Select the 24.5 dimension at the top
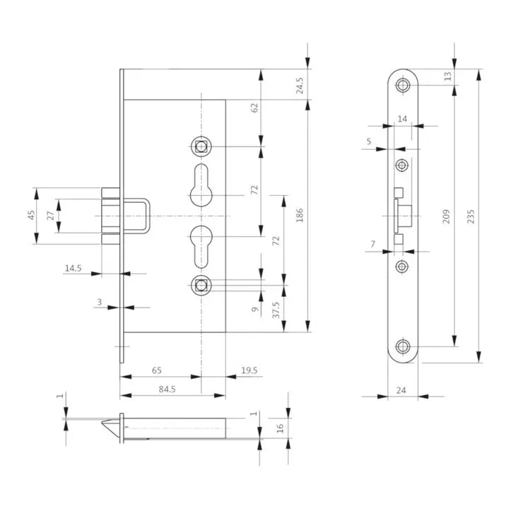point(300,86)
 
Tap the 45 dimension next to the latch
point(31,216)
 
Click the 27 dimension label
point(50,216)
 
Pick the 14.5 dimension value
point(74,268)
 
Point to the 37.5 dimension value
point(275,309)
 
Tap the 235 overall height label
point(472,215)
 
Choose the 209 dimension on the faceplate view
point(445,215)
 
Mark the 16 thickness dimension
point(279,427)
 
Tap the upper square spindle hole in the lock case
point(201,147)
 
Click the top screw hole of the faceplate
point(403,86)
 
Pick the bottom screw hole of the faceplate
point(403,347)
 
